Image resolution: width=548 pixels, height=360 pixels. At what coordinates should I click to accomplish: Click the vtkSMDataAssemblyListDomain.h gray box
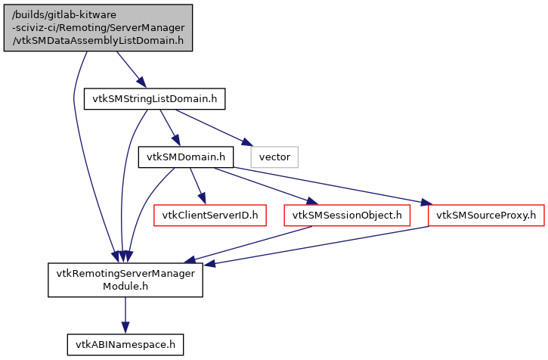click(98, 27)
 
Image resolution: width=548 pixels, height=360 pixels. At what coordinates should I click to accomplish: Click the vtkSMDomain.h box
click(185, 157)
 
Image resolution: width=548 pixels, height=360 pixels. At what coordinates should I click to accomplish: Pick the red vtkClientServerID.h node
click(207, 216)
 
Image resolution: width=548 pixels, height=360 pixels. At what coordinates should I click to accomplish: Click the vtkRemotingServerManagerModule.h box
click(125, 280)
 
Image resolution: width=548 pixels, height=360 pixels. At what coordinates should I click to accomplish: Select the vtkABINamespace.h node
click(125, 345)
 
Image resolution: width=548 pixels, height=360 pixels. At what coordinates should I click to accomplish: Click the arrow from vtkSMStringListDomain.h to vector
click(212, 126)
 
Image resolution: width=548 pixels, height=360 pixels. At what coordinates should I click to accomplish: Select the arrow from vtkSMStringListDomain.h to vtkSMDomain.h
click(169, 129)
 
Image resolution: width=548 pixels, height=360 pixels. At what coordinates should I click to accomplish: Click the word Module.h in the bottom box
click(125, 287)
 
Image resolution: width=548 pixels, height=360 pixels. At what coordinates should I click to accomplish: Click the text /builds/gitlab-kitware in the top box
click(98, 15)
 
